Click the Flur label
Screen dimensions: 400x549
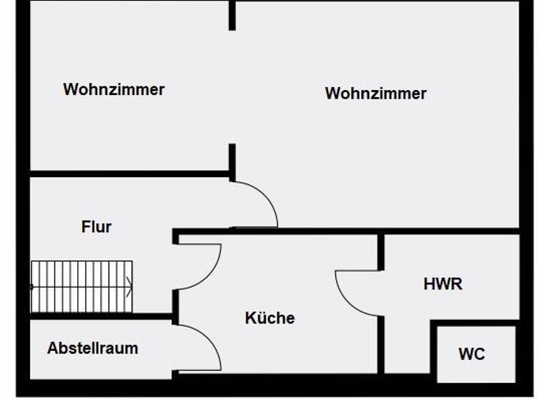[97, 227]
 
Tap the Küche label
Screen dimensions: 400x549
[269, 318]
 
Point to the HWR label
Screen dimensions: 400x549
[442, 284]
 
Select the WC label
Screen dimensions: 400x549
[472, 354]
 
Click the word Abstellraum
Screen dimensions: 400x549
[92, 349]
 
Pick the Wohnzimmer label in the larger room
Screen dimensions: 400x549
[375, 93]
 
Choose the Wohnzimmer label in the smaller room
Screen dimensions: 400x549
[114, 89]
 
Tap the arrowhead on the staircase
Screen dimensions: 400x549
[129, 286]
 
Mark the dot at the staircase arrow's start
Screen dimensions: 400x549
[32, 286]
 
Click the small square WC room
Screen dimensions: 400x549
[476, 354]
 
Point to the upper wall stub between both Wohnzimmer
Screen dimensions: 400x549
[232, 16]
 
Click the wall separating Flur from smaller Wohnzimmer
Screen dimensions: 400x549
[129, 174]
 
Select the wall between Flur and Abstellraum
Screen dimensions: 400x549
[100, 316]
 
